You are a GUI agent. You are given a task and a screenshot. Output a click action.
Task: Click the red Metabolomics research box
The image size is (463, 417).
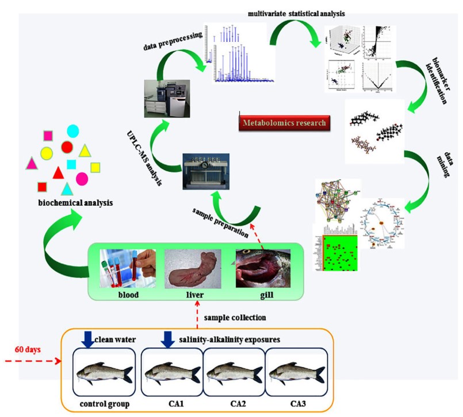tap(284, 122)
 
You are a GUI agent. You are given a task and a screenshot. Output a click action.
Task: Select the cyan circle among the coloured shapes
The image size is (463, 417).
tap(73, 131)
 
